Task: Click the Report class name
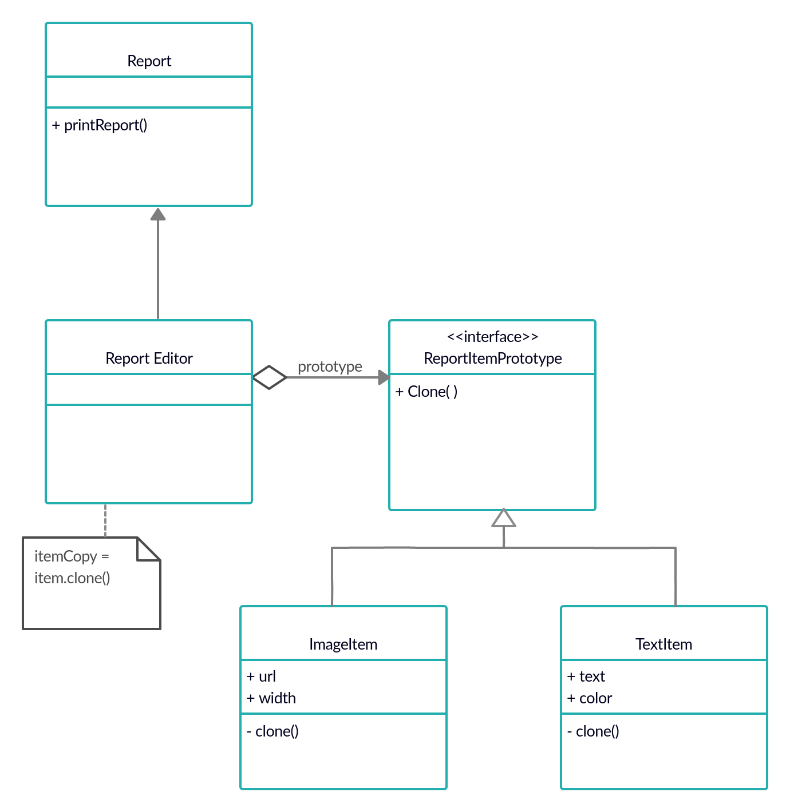(149, 61)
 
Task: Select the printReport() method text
(100, 125)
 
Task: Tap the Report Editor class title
(149, 359)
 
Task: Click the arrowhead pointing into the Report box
(158, 214)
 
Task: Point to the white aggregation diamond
(269, 377)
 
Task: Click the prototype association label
(330, 367)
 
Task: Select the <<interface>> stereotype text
(492, 337)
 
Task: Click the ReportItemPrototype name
(492, 359)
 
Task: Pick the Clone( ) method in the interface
(426, 392)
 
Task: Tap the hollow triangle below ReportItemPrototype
(504, 518)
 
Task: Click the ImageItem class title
(343, 644)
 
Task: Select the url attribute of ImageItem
(262, 676)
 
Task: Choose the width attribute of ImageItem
(271, 698)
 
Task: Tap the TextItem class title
(663, 644)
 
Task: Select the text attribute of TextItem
(586, 676)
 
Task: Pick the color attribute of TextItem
(590, 698)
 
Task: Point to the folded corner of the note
(149, 549)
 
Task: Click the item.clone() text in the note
(72, 578)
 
